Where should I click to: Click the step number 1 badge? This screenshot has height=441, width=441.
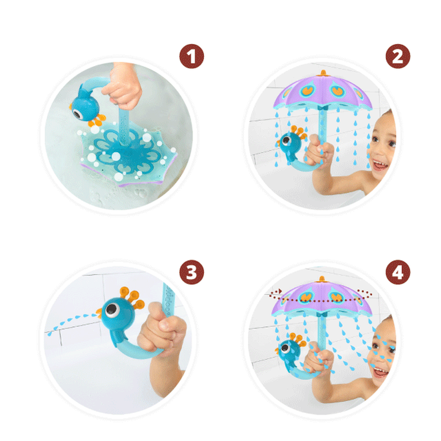[192, 56]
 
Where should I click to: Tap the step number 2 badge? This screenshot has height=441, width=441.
[398, 56]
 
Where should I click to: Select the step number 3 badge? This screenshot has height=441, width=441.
[192, 272]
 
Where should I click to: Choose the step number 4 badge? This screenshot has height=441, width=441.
[398, 272]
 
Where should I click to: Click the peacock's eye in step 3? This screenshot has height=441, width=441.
[112, 310]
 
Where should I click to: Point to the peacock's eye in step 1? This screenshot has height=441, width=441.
[78, 114]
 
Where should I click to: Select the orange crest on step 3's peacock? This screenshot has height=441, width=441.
[132, 298]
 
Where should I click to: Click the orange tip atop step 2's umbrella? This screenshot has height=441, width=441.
[323, 73]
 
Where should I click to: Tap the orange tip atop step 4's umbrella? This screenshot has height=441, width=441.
[322, 279]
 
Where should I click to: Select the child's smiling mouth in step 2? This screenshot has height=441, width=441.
[380, 165]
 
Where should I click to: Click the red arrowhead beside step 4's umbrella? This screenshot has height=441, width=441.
[280, 291]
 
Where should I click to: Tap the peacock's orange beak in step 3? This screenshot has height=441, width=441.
[99, 312]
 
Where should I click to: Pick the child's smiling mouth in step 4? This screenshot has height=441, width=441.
[380, 372]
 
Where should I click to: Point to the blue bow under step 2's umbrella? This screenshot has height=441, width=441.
[322, 108]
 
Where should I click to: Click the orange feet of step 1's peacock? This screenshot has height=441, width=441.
[97, 121]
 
